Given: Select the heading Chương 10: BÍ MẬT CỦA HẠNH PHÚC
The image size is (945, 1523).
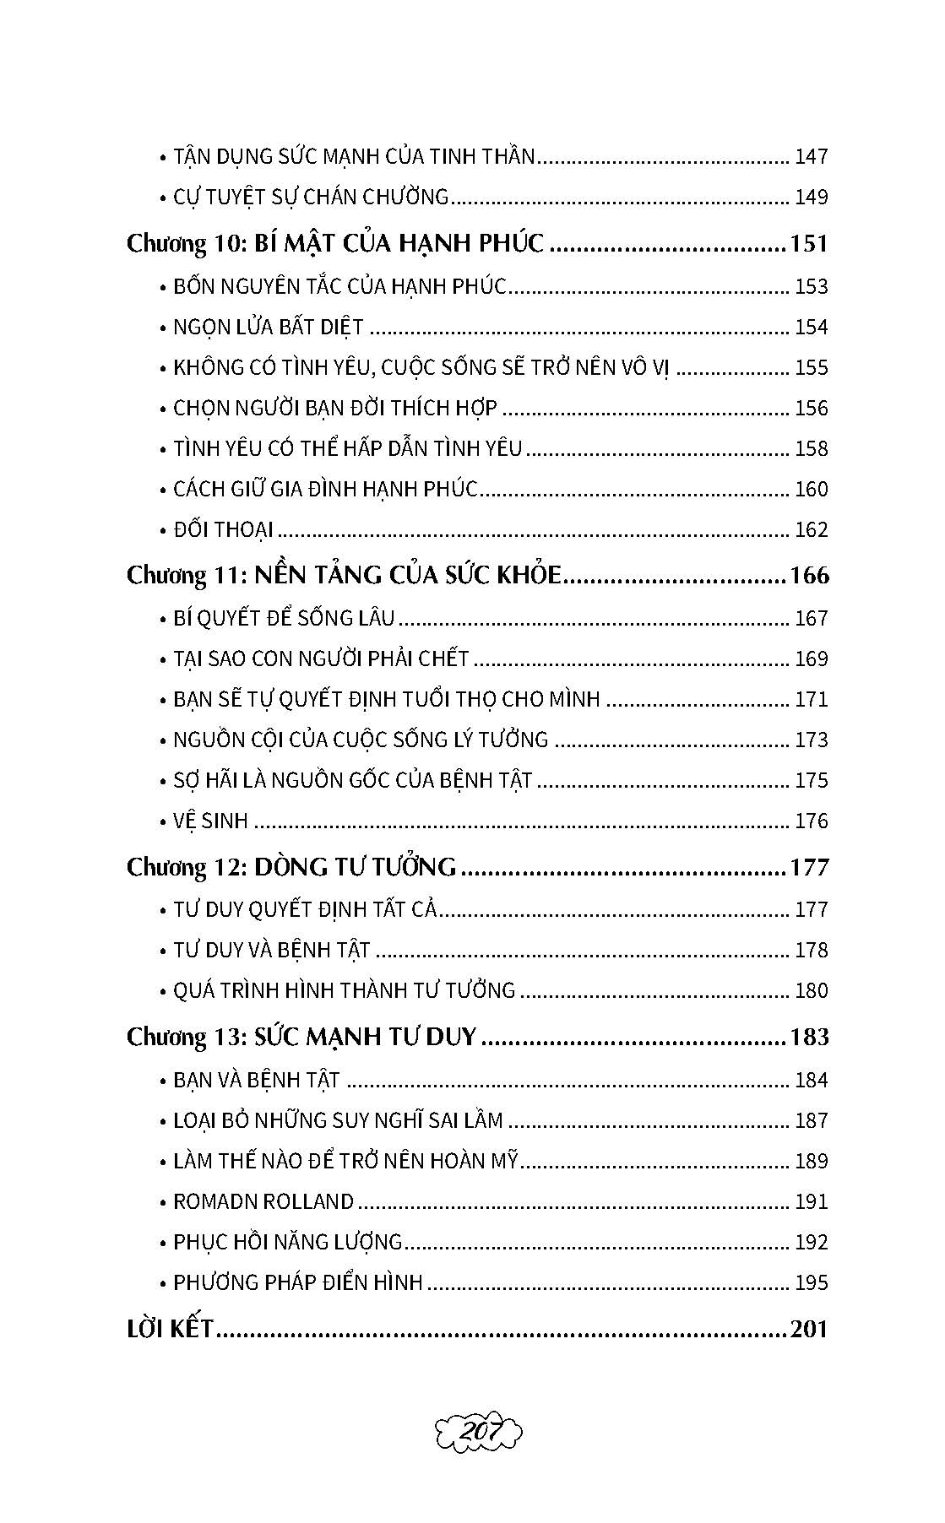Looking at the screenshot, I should tap(335, 243).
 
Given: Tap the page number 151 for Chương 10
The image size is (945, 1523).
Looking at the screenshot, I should tap(808, 243).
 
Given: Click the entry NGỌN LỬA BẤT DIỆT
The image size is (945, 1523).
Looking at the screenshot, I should tap(268, 327).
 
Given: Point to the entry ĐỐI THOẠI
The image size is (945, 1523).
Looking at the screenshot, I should tap(223, 529).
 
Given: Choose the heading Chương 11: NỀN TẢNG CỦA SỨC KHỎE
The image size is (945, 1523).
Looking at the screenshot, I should tap(344, 575).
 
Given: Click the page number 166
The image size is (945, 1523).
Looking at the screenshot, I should tap(808, 575).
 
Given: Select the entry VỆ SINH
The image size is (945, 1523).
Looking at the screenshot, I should tap(210, 821).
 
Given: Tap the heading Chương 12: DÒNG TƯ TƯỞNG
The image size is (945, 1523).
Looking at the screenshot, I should tap(291, 867).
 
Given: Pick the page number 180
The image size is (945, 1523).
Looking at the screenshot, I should tap(812, 990).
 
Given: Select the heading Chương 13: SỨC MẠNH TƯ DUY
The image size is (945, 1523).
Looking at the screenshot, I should tap(301, 1036).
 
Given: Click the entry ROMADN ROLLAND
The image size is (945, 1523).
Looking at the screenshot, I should tap(263, 1201).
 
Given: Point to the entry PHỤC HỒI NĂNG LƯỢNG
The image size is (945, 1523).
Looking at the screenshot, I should tap(287, 1242).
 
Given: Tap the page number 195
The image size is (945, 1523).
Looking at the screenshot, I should tap(812, 1282).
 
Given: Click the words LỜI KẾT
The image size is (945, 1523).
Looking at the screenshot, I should tap(169, 1329).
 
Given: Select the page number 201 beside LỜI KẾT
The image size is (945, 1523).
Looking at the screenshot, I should tap(809, 1329).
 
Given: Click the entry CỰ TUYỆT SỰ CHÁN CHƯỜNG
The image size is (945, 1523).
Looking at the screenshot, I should tap(310, 197).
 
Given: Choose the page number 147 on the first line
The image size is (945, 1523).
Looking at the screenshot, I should tap(812, 156).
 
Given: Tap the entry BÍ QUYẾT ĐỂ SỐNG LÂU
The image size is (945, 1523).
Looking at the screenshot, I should tap(284, 618).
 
